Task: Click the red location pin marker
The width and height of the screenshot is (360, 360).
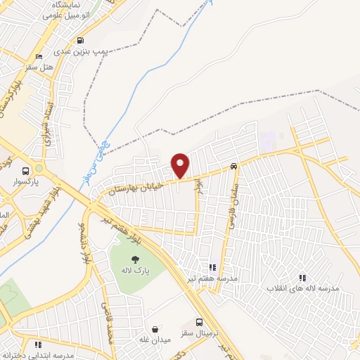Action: pyautogui.click(x=181, y=165)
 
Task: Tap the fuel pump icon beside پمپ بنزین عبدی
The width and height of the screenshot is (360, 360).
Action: pyautogui.click(x=81, y=40)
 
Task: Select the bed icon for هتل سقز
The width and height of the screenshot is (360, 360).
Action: pyautogui.click(x=38, y=56)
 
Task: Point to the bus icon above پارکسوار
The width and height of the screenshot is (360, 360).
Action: pyautogui.click(x=26, y=171)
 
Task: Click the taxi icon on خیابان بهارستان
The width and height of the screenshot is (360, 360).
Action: pyautogui.click(x=233, y=167)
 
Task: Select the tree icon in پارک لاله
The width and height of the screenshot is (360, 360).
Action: pyautogui.click(x=135, y=260)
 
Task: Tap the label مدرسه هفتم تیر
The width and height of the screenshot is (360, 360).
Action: pyautogui.click(x=212, y=278)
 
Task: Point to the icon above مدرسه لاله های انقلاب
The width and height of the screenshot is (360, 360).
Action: pyautogui.click(x=302, y=278)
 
